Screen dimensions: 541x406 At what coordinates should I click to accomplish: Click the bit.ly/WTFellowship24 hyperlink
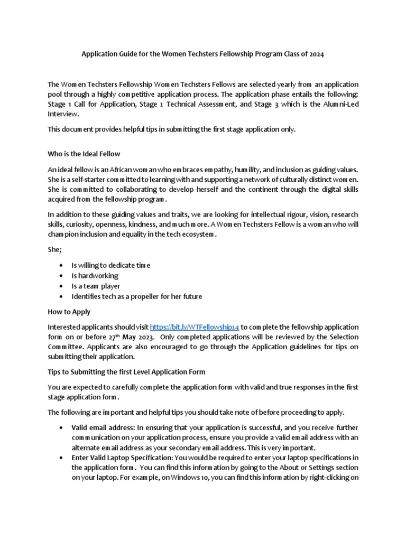(x=195, y=327)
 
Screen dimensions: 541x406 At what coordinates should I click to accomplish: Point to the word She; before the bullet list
(x=54, y=249)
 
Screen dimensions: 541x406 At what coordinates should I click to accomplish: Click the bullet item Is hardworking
(x=95, y=275)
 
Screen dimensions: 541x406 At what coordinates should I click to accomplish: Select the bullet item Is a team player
(x=96, y=286)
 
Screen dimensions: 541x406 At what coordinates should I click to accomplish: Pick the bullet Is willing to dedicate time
(x=111, y=265)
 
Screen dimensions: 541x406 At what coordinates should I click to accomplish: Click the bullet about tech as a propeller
(x=136, y=296)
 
